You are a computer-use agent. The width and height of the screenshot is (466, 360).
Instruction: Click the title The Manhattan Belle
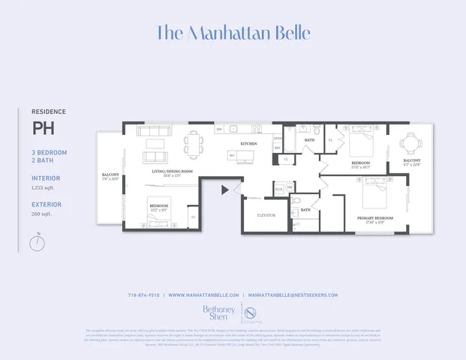[x=233, y=34]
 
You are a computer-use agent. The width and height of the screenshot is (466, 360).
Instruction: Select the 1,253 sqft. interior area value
[x=46, y=189]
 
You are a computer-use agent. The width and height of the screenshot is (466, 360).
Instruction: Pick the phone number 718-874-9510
[x=143, y=295]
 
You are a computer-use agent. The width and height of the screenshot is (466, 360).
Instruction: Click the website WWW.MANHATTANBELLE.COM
[x=203, y=295]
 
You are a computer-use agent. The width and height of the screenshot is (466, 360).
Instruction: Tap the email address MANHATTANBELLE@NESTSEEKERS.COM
[x=293, y=295]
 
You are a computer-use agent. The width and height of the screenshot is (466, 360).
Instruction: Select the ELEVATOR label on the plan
[x=266, y=215]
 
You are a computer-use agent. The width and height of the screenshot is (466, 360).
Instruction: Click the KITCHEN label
[x=248, y=143]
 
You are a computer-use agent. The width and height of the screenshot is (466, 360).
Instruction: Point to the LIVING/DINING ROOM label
[x=173, y=172]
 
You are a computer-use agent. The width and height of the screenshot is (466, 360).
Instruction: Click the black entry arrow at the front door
[x=224, y=190]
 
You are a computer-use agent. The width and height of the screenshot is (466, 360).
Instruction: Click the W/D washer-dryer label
[x=278, y=189]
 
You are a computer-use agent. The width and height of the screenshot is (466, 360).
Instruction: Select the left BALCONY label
[x=110, y=175]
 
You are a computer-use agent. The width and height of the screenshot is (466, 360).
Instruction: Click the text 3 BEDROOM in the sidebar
[x=49, y=152]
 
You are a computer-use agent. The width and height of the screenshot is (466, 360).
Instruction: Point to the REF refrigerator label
[x=277, y=148]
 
